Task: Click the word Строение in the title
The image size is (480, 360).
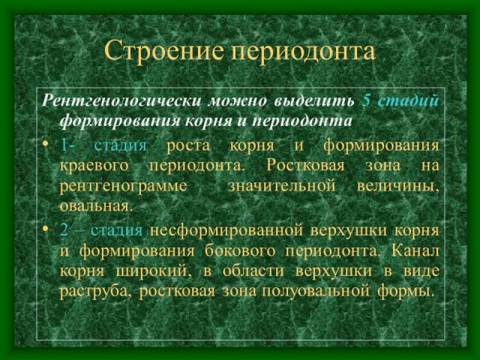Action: point(164,50)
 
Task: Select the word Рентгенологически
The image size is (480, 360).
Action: point(121,101)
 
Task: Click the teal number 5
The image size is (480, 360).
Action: point(366,100)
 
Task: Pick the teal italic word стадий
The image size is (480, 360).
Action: point(408,100)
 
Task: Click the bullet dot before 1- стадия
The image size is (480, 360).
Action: point(46,143)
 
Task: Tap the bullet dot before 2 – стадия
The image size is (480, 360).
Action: point(46,228)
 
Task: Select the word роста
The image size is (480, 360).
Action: point(188,146)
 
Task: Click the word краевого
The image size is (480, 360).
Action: point(94,166)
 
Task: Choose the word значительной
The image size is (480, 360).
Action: point(282,186)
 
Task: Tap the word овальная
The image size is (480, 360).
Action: point(96,205)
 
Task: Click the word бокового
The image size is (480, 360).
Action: point(240,251)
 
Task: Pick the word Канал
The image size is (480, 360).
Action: point(415,251)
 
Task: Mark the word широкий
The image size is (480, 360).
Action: point(154,271)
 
